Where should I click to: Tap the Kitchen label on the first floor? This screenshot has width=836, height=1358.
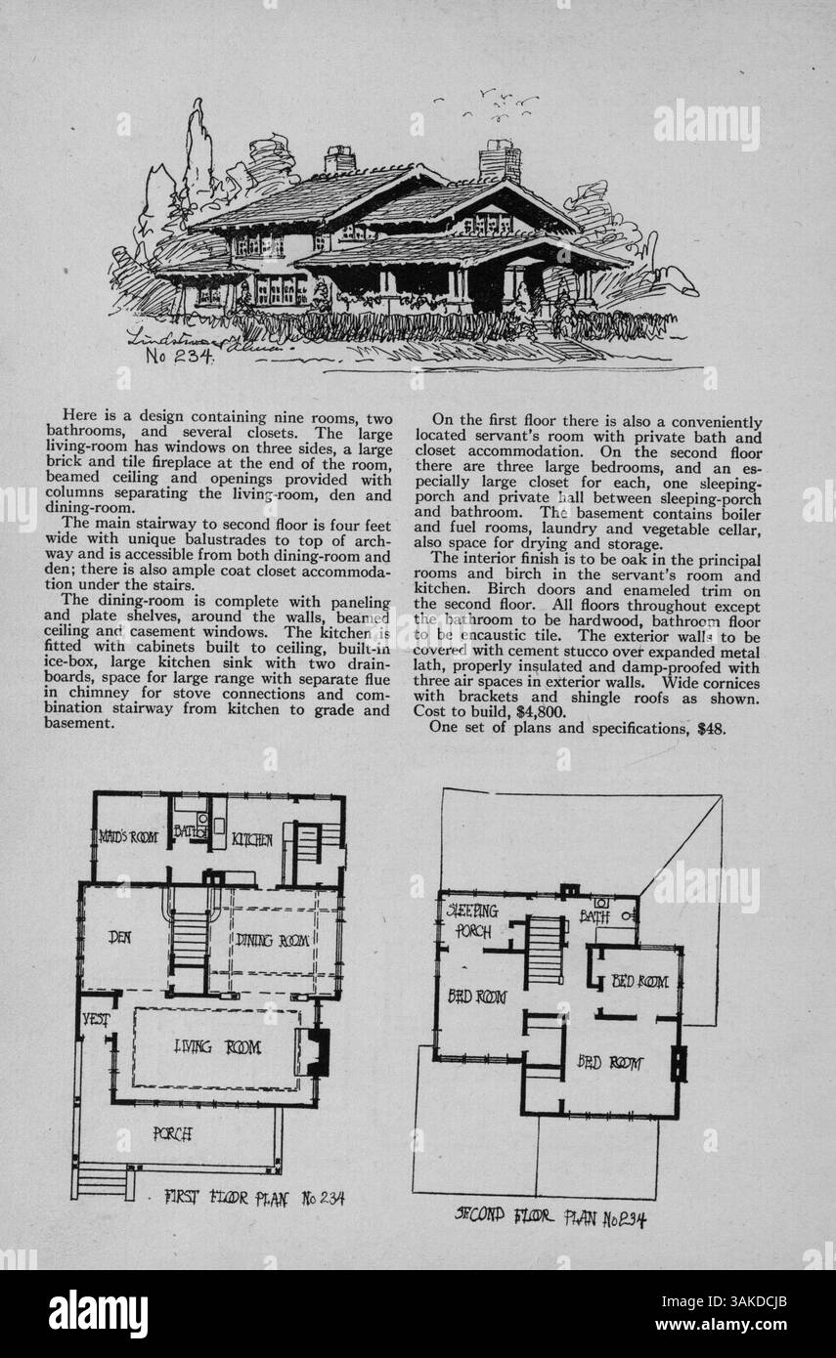tap(251, 839)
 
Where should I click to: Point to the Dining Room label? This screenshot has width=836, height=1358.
tap(273, 940)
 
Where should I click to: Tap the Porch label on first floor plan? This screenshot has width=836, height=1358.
tap(173, 1134)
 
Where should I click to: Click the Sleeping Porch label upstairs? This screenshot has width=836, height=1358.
tap(473, 920)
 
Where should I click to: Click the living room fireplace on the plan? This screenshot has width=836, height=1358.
tap(317, 1051)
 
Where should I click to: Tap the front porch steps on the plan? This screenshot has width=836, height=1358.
tap(102, 1181)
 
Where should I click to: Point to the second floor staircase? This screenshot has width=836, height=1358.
tap(545, 951)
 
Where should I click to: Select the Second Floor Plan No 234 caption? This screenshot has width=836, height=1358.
tap(550, 1217)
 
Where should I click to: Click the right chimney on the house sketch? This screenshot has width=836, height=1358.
tap(499, 161)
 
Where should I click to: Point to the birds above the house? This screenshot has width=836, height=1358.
tap(494, 101)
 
